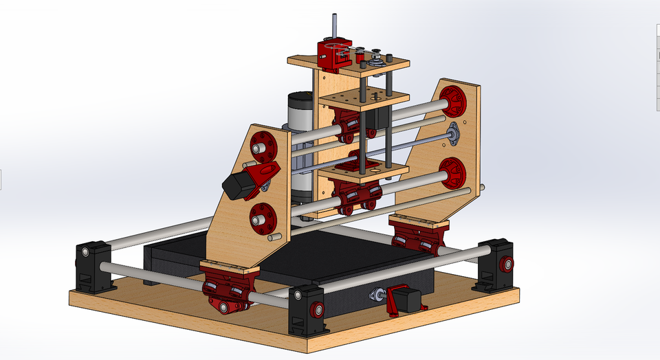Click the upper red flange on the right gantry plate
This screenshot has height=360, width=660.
click(x=453, y=102)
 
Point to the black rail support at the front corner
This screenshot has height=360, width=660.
click(x=306, y=313)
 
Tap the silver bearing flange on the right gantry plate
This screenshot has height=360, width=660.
click(x=454, y=134)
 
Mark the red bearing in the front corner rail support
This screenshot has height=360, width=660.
click(x=317, y=310)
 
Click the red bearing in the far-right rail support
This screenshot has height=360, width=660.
click(x=507, y=264)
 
